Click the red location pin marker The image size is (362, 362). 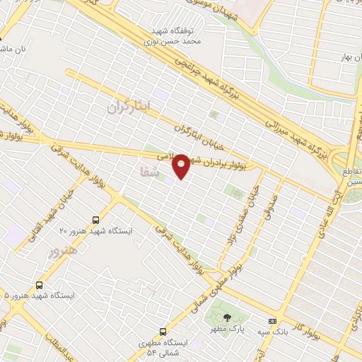[182, 165]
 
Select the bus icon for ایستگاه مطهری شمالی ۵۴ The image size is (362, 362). [163, 332]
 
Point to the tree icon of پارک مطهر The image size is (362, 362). [226, 317]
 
